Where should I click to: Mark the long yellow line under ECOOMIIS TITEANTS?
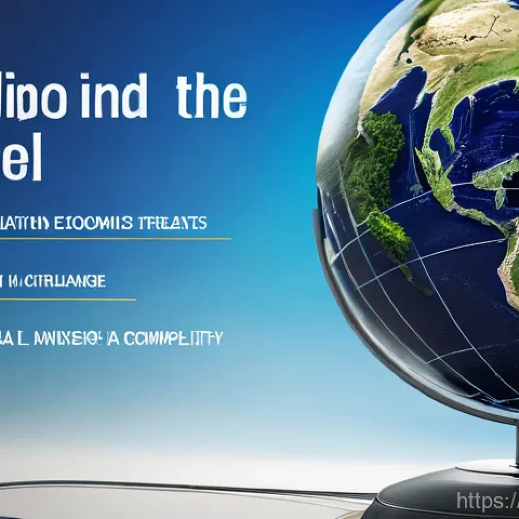pyautogui.click(x=117, y=238)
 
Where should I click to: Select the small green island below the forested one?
pyautogui.click(x=390, y=236)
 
